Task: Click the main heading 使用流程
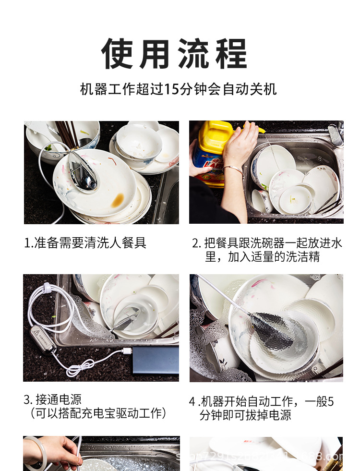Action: pyautogui.click(x=174, y=54)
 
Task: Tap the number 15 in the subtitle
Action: pyautogui.click(x=171, y=89)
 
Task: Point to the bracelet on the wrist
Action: pyautogui.click(x=233, y=169)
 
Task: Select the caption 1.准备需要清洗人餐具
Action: pyautogui.click(x=85, y=242)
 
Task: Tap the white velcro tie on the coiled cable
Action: pyautogui.click(x=47, y=289)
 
